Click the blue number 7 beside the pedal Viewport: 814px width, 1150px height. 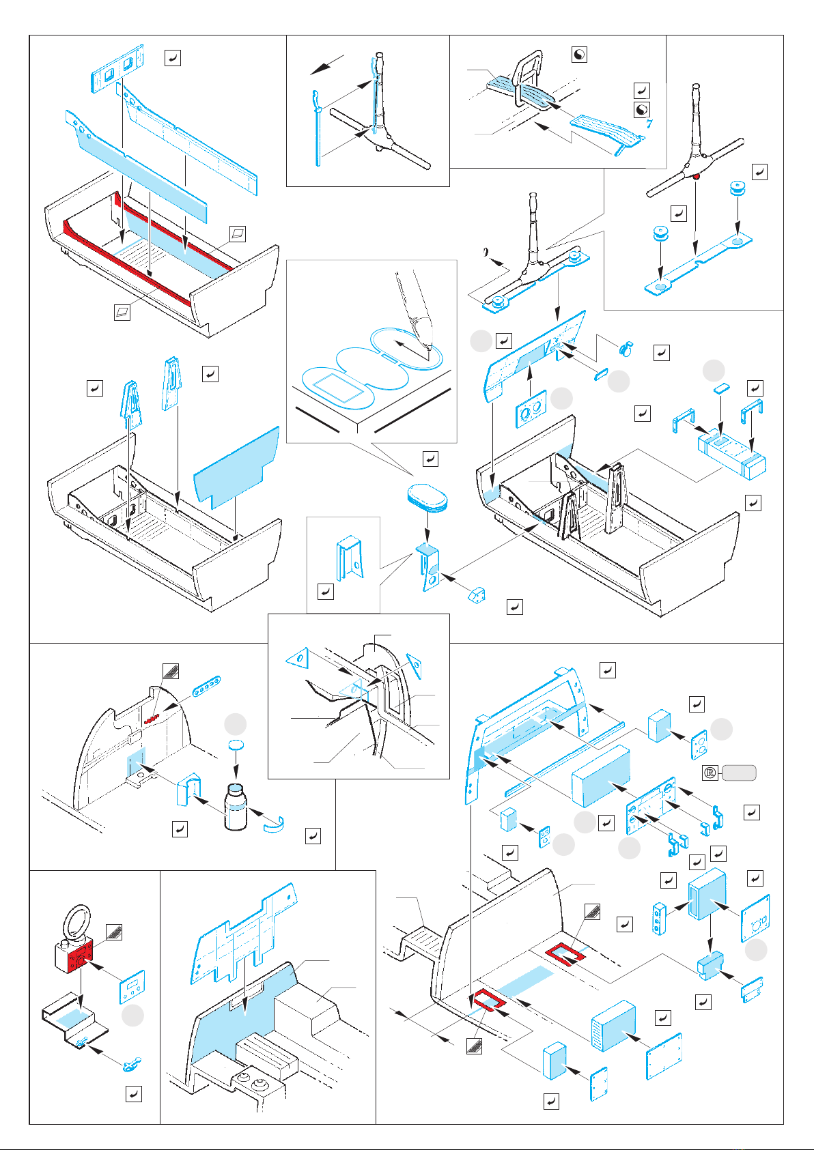(x=649, y=124)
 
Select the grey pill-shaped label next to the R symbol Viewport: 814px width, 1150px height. (x=740, y=773)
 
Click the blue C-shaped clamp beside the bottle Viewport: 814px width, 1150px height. (x=275, y=825)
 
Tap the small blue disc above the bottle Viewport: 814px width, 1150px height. (x=236, y=745)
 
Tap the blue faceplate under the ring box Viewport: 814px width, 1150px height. (x=132, y=987)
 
